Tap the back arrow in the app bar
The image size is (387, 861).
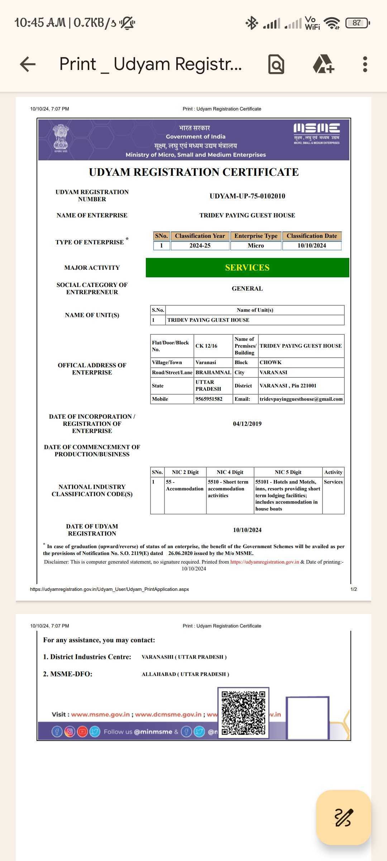(x=28, y=65)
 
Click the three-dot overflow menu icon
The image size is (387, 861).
(x=365, y=65)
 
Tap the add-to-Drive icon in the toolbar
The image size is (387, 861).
(x=323, y=65)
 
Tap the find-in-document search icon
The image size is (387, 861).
(x=276, y=65)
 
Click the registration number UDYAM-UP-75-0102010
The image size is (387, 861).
(x=247, y=196)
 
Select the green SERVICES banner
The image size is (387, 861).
(x=247, y=268)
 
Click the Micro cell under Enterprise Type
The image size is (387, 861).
(x=255, y=246)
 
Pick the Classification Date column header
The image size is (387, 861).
(x=311, y=236)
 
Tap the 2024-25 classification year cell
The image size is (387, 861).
(x=200, y=246)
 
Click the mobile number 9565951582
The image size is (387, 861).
(x=209, y=399)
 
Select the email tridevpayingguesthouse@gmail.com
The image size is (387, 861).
(x=301, y=399)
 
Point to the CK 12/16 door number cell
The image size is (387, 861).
(x=206, y=346)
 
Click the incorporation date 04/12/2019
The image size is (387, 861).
(x=247, y=424)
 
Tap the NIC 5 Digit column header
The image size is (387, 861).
(x=288, y=472)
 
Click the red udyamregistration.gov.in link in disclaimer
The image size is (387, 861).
(x=264, y=562)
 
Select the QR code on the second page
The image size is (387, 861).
(x=243, y=712)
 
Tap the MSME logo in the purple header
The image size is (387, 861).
(x=316, y=133)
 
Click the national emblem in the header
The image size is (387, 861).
(x=61, y=138)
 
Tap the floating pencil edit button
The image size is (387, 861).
(x=343, y=817)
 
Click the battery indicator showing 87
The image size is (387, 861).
(x=357, y=23)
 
